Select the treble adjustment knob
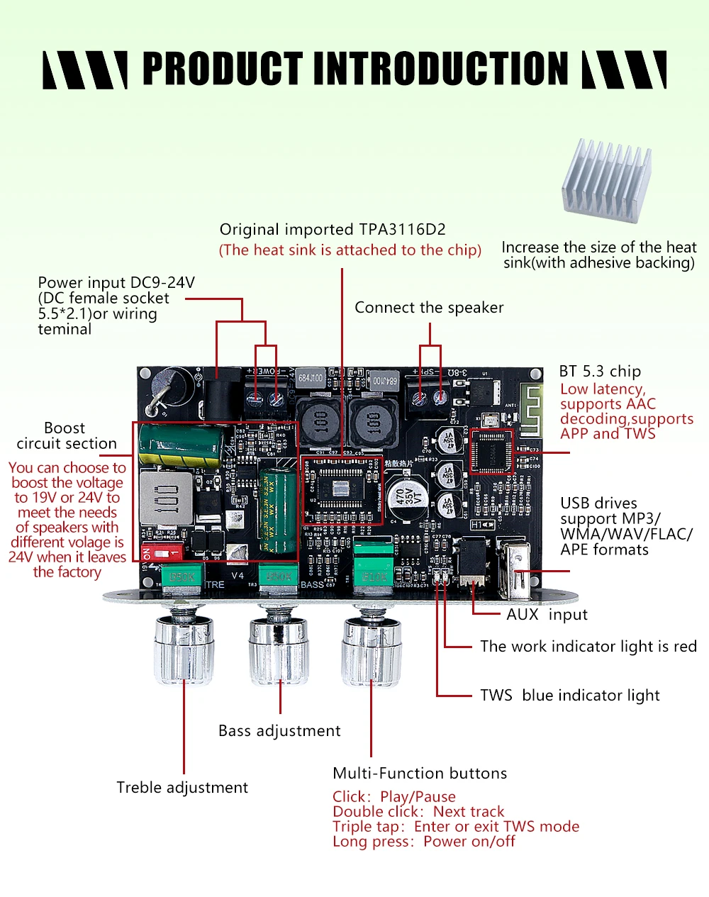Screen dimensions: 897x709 [183, 649]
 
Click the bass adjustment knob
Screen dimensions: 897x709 [279, 649]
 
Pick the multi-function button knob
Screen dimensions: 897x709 [371, 649]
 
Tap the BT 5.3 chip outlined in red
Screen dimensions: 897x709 [491, 451]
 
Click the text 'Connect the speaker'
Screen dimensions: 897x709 [429, 308]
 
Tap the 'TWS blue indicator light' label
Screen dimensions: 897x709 [569, 696]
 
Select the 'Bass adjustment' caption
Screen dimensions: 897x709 [279, 731]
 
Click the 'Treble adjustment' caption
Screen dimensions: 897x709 [182, 788]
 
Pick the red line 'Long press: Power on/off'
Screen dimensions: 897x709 [423, 842]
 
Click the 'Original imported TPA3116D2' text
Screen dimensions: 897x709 [333, 230]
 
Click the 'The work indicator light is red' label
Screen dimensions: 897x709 [588, 647]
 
